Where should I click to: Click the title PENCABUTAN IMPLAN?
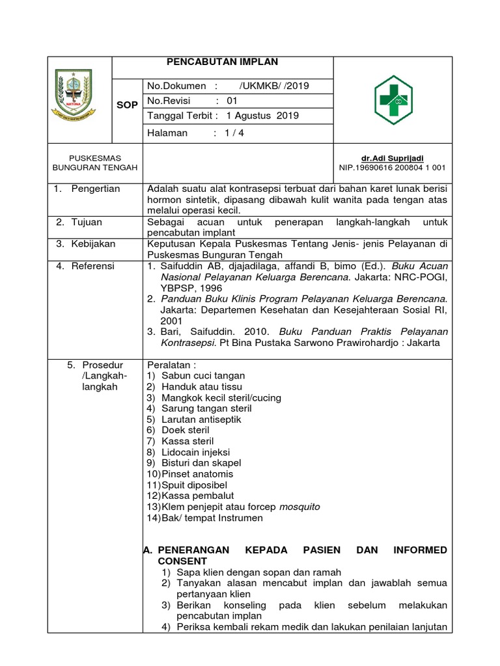click(x=223, y=62)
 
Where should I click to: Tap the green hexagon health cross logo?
click(x=393, y=100)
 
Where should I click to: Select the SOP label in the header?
click(x=127, y=105)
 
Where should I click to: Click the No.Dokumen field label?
click(x=177, y=86)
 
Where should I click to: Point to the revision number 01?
click(x=232, y=101)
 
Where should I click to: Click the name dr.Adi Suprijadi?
click(x=392, y=158)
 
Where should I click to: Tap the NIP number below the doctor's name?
click(x=392, y=167)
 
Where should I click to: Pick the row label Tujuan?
click(x=89, y=222)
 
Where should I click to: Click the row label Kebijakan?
click(x=94, y=244)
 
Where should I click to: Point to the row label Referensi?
click(x=94, y=266)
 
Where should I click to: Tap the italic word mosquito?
click(x=300, y=507)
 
